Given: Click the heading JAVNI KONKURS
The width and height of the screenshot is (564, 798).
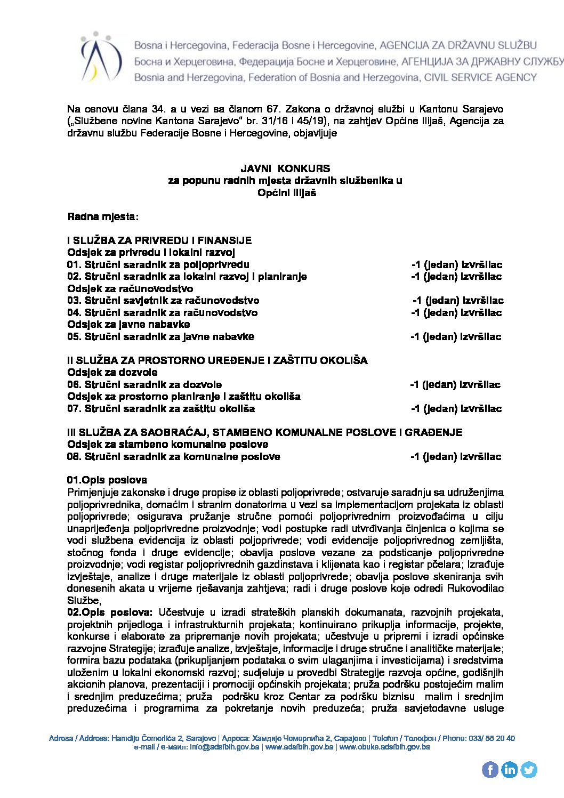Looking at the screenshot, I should coord(285,168).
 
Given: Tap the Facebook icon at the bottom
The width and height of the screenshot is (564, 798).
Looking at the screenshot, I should coord(490,769).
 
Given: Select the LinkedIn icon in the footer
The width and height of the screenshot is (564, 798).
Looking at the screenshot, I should coord(509,769).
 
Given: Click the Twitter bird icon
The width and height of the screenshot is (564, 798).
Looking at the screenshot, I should coord(528,769).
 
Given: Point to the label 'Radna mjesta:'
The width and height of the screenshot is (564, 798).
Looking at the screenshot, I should coord(103,217).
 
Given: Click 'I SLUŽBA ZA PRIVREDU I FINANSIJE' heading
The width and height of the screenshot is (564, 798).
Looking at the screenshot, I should coord(159,240).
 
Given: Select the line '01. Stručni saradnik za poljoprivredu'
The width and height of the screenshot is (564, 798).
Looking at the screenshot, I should coord(158,264).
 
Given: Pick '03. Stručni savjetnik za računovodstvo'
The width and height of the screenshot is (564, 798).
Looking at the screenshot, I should coord(163,301).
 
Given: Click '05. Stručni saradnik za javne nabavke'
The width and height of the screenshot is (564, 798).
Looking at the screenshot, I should coord(160,336).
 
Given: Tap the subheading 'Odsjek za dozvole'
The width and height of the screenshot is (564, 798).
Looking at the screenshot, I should coord(112,372).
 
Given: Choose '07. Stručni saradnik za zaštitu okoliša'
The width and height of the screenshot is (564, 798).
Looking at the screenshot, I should coord(161,408).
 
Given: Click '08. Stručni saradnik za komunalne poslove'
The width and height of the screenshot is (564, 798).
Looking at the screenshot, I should coord(173,456).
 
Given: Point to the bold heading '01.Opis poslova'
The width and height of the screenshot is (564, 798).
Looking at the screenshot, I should coord(107,480).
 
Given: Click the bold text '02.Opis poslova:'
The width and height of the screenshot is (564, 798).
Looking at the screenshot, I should coord(110,612).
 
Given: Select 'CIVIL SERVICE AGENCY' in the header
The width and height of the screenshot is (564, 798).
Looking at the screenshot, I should coord(480,78).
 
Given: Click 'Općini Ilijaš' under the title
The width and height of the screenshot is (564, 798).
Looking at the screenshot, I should coord(287,192).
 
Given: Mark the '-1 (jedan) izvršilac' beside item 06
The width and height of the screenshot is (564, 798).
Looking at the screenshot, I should coord(455,384).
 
